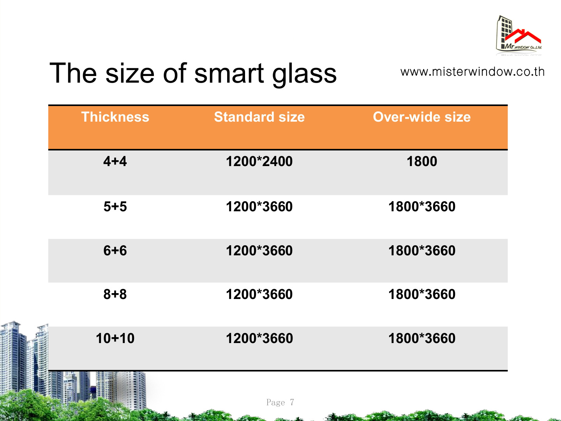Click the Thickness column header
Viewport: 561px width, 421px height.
click(x=115, y=117)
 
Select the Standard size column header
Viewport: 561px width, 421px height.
click(x=259, y=117)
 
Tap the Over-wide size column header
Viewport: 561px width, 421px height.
click(x=422, y=117)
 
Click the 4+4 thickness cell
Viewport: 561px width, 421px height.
click(x=115, y=161)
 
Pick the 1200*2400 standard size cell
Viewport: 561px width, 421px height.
click(x=259, y=161)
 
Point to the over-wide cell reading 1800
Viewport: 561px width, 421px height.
click(x=422, y=161)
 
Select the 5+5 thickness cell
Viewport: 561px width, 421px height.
click(x=115, y=206)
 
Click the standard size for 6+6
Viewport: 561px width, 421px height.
click(x=259, y=250)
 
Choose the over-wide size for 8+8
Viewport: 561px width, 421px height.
click(x=422, y=294)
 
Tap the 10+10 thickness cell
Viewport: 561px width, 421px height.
click(x=115, y=338)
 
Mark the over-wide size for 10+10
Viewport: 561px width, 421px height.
click(x=422, y=338)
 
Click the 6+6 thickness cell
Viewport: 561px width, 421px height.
click(x=115, y=250)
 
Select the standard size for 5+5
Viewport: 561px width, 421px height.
click(x=259, y=206)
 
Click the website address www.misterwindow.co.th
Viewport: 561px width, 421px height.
click(x=472, y=72)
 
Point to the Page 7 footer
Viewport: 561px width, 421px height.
click(x=280, y=402)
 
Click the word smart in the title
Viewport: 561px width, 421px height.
click(x=229, y=73)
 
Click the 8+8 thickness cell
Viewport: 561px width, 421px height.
click(x=115, y=294)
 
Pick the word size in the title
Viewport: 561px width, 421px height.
click(x=130, y=73)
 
